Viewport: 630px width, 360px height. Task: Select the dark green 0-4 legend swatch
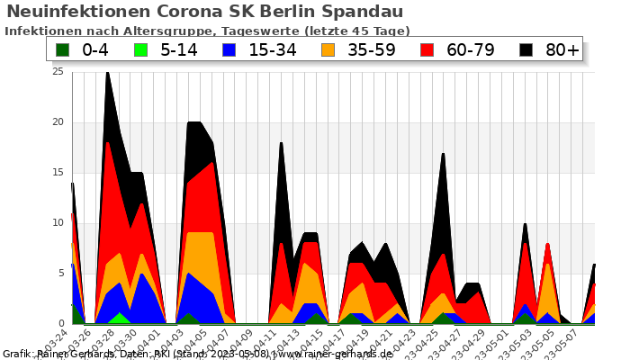(x=62, y=49)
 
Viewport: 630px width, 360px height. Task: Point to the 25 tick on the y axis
(x=59, y=72)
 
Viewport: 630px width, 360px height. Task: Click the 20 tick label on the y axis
(x=59, y=122)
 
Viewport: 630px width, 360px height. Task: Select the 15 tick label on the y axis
(x=59, y=173)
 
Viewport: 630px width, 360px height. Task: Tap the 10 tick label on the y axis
(x=59, y=223)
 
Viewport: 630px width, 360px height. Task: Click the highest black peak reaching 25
(x=107, y=74)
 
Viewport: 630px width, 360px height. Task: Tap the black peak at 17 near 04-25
(x=443, y=156)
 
